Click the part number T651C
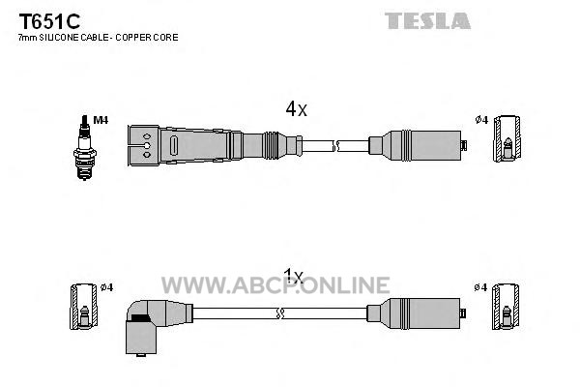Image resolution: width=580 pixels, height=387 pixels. click(x=49, y=21)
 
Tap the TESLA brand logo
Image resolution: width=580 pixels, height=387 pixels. click(x=427, y=20)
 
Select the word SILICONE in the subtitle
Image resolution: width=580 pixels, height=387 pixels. click(x=59, y=38)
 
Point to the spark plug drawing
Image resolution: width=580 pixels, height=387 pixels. click(x=85, y=148)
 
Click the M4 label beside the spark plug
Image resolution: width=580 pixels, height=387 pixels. click(x=101, y=120)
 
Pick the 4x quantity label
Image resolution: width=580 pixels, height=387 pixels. click(x=296, y=109)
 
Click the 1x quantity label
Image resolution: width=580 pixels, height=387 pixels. click(x=293, y=277)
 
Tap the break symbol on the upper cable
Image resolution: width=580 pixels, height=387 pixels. click(x=335, y=146)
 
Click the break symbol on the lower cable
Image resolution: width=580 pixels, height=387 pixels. click(x=280, y=313)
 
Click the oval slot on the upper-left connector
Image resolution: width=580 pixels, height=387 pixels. click(x=174, y=145)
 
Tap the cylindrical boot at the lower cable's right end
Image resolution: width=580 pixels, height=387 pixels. click(x=416, y=313)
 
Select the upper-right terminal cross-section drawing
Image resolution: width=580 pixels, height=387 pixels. click(x=507, y=138)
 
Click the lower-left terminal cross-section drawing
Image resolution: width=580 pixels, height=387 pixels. click(x=83, y=307)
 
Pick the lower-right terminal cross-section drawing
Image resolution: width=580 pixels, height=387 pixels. click(x=506, y=307)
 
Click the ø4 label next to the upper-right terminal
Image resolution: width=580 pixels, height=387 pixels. click(x=481, y=120)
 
